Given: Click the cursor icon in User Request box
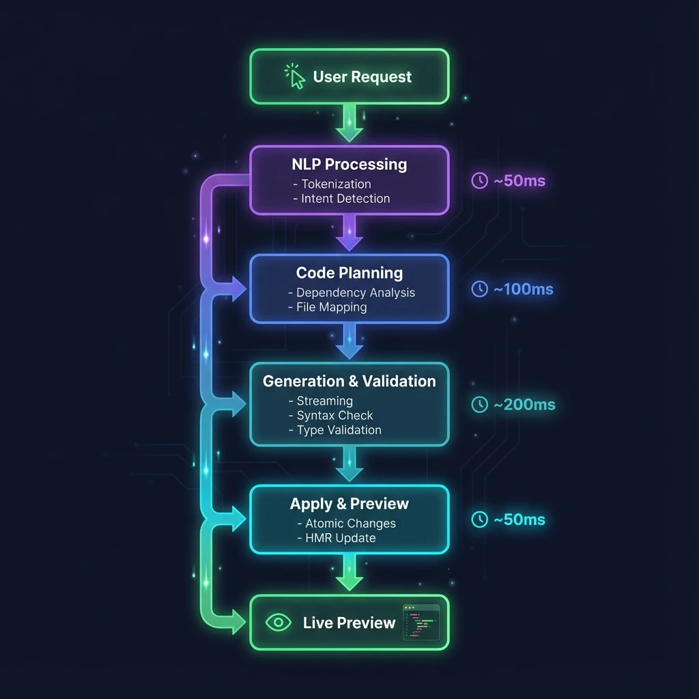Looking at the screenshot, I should [x=295, y=76].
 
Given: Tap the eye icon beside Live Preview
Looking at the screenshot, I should [x=277, y=623].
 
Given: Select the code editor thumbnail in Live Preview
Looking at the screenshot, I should [x=421, y=622].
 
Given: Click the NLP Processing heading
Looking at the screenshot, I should [x=349, y=165].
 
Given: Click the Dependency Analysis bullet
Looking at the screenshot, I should [x=352, y=293].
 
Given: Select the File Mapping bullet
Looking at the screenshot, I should [x=328, y=307].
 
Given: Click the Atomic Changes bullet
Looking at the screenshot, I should [x=346, y=524].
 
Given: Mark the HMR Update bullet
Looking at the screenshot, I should [x=336, y=538].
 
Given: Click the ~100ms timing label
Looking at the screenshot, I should [x=523, y=289].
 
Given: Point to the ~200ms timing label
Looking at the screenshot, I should [x=524, y=405].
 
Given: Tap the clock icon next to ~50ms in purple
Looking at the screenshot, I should [x=480, y=181].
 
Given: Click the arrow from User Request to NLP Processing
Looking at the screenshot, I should [x=349, y=123].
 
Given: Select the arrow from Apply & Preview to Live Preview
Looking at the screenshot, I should [x=349, y=572].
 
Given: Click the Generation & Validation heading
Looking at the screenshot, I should [x=349, y=382].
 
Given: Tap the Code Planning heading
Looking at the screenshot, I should [x=349, y=273].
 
